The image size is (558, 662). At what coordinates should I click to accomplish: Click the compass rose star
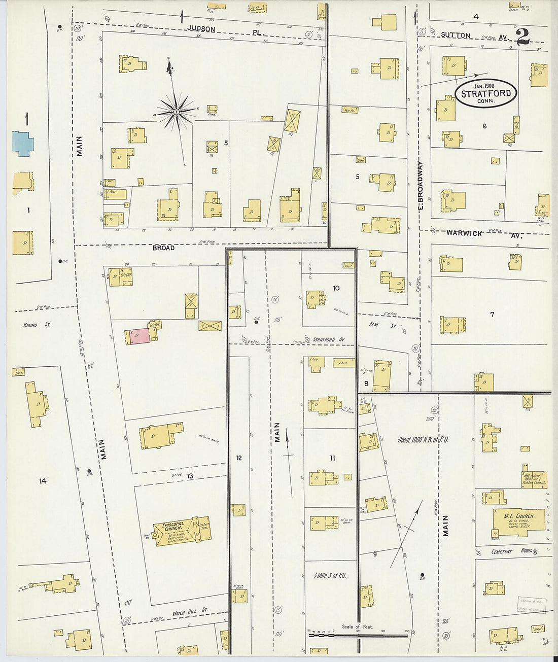tap(176, 111)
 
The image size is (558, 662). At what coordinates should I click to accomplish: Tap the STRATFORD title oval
tap(485, 93)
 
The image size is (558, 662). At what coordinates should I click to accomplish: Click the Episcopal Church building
tap(182, 531)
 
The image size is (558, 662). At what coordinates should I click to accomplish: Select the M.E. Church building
tap(518, 520)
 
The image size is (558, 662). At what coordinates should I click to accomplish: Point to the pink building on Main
tap(139, 335)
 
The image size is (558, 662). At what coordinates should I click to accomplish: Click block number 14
tap(43, 480)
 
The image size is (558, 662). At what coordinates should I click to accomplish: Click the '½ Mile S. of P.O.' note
tap(330, 576)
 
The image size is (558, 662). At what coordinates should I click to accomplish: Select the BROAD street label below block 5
tap(163, 248)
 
